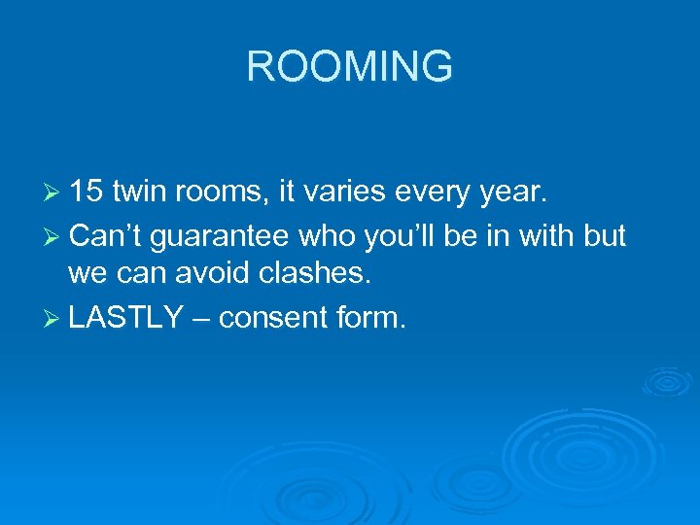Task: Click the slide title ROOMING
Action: (350, 67)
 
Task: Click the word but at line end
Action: (604, 235)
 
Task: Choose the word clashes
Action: (322, 275)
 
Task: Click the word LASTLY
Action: (126, 316)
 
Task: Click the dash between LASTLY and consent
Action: (201, 318)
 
